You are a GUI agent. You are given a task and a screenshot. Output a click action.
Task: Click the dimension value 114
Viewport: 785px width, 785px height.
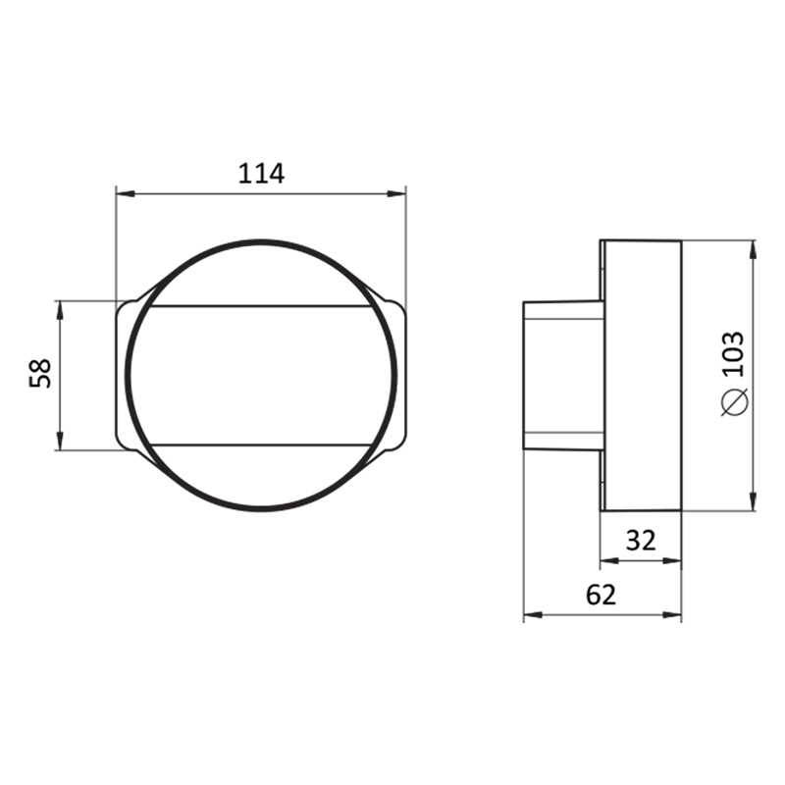coord(261,174)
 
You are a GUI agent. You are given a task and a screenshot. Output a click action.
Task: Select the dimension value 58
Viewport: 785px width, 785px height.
coord(40,373)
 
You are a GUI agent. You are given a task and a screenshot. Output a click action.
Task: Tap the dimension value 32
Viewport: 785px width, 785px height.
coord(641,541)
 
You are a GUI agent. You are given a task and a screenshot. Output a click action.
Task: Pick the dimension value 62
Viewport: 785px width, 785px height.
coord(601,595)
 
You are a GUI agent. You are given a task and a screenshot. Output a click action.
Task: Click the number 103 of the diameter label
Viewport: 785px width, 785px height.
coord(734,354)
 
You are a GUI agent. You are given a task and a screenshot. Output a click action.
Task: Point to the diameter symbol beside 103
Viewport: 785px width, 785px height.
coord(734,402)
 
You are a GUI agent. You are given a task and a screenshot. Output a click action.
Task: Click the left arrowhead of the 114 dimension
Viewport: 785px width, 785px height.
coord(126,193)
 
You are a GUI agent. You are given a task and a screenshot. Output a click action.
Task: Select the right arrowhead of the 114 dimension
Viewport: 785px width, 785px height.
coord(396,193)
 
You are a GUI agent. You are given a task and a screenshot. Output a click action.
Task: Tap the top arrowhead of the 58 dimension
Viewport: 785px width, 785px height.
coord(60,310)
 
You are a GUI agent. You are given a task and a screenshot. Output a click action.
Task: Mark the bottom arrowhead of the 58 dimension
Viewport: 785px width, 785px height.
coord(60,441)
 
